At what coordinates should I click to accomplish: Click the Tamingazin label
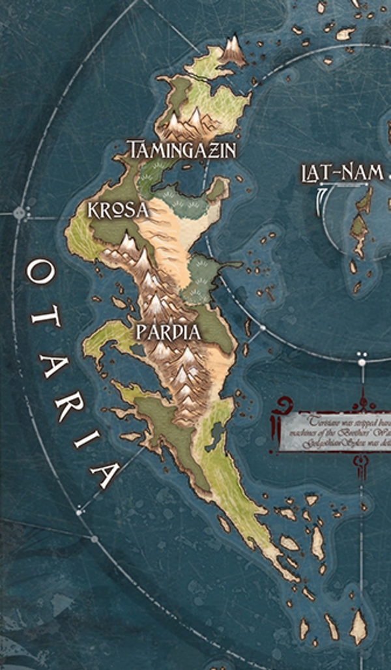[181, 151]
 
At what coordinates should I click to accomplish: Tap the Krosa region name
[118, 210]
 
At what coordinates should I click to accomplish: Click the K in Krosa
[94, 210]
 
